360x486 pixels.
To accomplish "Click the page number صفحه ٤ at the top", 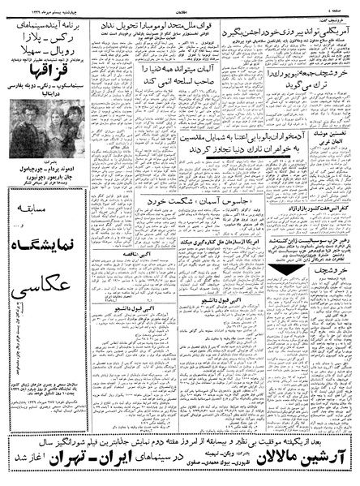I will (x=341, y=7).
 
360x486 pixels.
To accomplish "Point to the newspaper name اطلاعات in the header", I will (x=180, y=7).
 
